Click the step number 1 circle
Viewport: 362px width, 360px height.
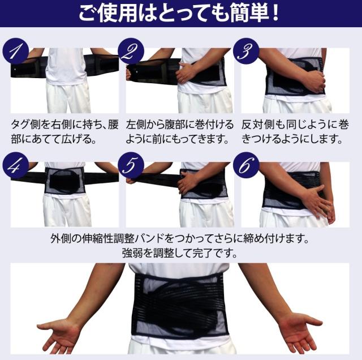pos(16,51)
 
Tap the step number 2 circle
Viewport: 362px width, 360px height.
pos(131,51)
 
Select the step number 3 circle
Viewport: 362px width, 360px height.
pos(246,51)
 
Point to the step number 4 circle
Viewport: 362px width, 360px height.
pos(16,165)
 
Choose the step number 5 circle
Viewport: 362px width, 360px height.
pos(131,165)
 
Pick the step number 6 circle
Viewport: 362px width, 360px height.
pos(246,165)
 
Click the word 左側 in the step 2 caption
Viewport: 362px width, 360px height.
pos(136,125)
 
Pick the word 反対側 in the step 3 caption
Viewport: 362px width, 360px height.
pos(256,125)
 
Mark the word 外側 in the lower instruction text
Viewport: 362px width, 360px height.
pos(61,238)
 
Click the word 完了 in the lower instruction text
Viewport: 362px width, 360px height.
pos(202,253)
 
